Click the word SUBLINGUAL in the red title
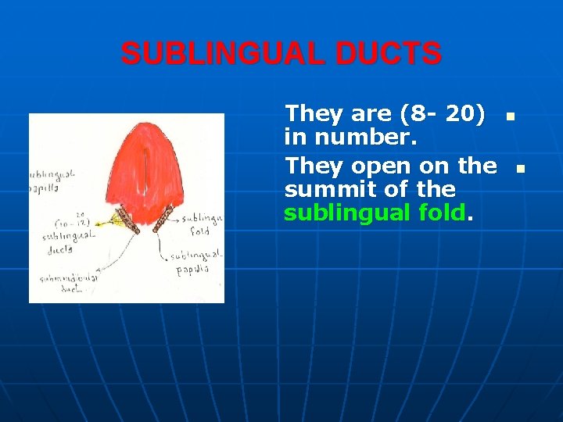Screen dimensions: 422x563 click(x=221, y=54)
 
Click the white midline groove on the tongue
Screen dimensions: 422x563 click(x=146, y=184)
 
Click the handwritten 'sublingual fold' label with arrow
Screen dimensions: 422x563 click(x=205, y=225)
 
